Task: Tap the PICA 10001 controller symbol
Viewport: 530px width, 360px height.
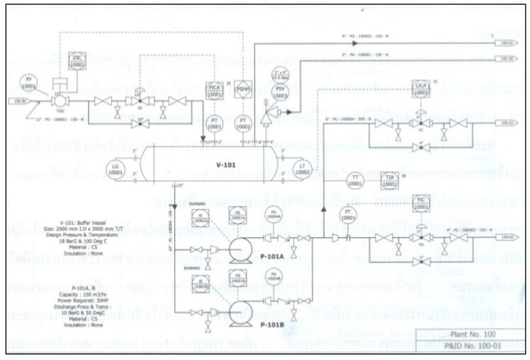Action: point(213,87)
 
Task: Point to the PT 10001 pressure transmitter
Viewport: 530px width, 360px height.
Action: point(213,121)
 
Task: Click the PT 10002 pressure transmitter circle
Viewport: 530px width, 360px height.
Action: point(243,121)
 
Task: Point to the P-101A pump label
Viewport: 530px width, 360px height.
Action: point(271,257)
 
